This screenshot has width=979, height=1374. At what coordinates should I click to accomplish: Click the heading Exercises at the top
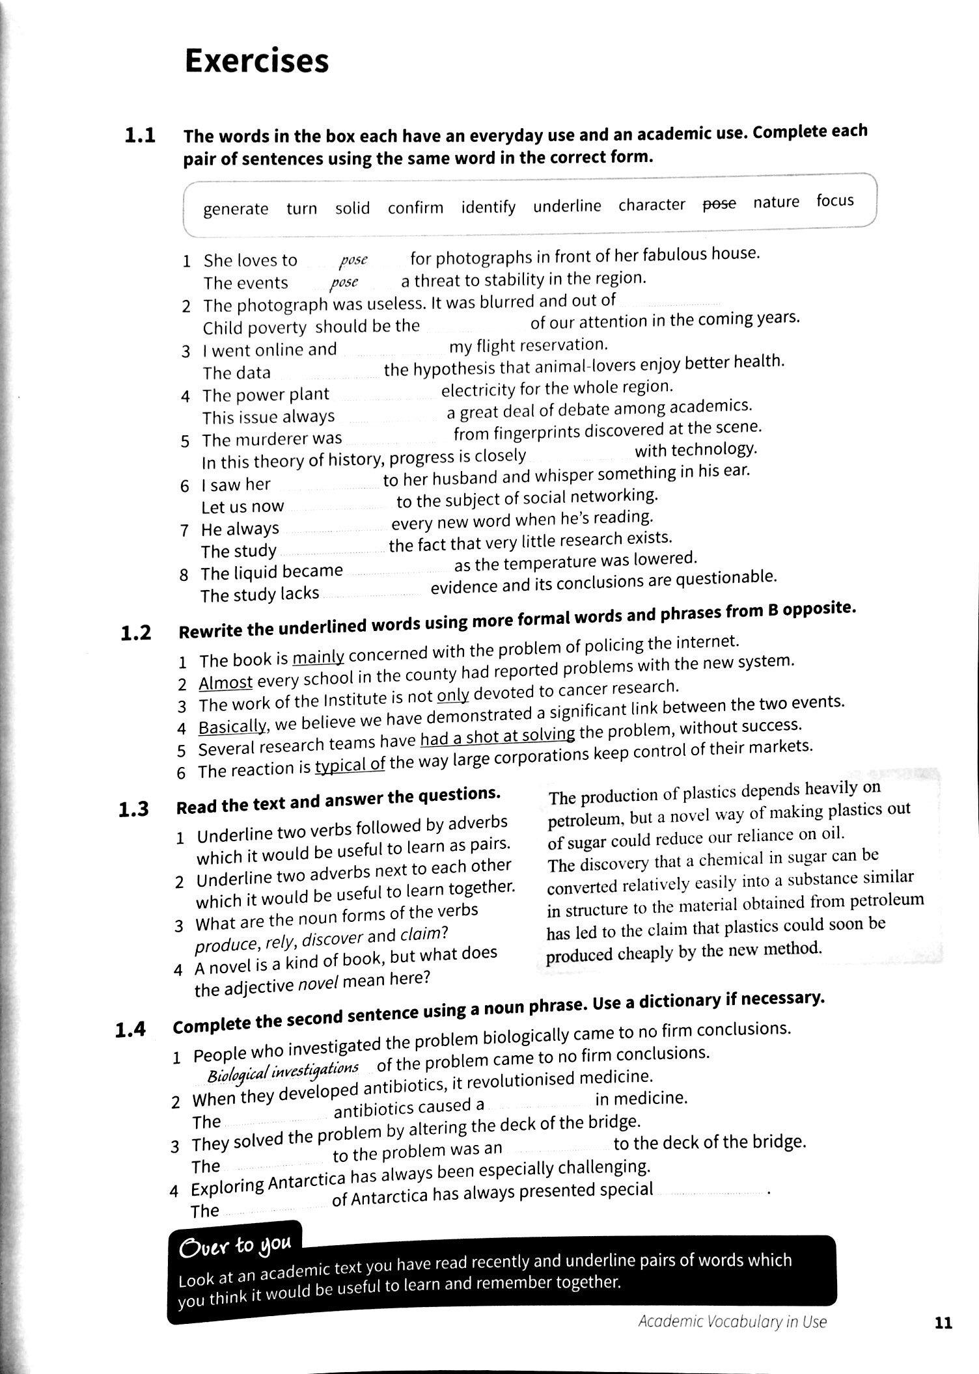(256, 62)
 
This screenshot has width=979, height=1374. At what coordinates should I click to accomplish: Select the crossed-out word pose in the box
(719, 204)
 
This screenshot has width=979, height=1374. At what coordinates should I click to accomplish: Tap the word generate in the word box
(235, 209)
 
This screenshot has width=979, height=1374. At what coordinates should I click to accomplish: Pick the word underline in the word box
(567, 206)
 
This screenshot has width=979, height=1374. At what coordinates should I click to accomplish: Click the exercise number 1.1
(140, 137)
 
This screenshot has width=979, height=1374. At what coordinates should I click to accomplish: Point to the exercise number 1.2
(136, 633)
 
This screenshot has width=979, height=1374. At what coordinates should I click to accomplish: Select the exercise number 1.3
(133, 809)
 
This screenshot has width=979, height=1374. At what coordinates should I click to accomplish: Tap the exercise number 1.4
(130, 1030)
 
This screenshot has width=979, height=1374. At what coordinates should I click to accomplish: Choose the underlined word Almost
(225, 682)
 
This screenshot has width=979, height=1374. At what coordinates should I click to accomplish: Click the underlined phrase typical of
(350, 764)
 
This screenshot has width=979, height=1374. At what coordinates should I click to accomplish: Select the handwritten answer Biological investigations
(283, 1070)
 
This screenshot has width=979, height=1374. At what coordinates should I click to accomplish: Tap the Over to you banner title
(236, 1245)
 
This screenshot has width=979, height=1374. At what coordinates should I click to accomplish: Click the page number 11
(943, 1322)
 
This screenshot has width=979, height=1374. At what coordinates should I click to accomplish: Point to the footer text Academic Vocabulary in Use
(732, 1322)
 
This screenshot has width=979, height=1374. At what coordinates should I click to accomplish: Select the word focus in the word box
(834, 200)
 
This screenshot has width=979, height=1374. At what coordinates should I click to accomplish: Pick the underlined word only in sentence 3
(452, 695)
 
